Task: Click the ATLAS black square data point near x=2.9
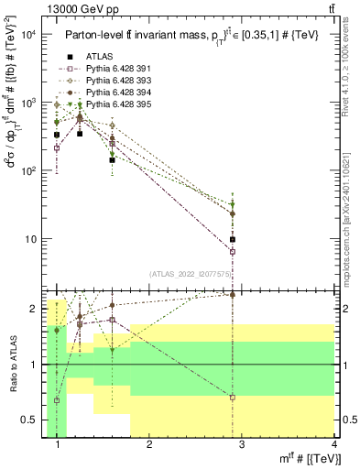pyautogui.click(x=233, y=240)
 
